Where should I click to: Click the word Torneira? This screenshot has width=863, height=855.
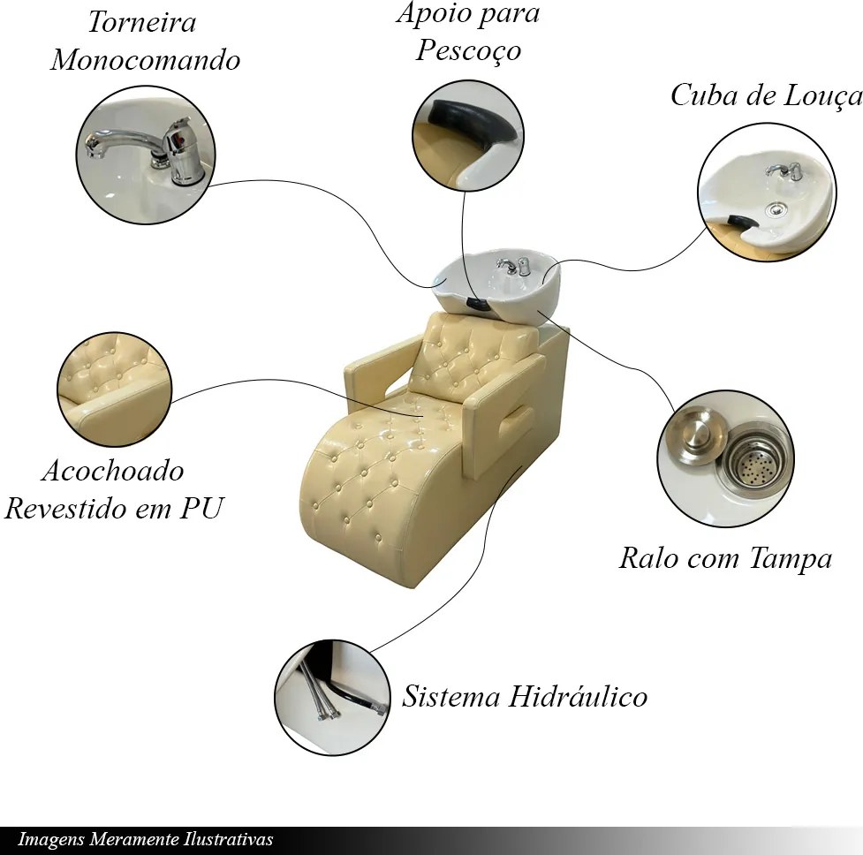(x=142, y=23)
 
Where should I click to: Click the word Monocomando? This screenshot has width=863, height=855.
(x=145, y=59)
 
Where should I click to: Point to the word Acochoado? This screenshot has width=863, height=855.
(x=113, y=471)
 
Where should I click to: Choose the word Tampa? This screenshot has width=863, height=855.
(x=791, y=558)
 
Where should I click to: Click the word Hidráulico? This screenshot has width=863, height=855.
(x=577, y=696)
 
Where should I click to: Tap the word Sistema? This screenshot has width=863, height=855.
(x=451, y=697)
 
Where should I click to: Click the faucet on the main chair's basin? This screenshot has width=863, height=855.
(x=513, y=266)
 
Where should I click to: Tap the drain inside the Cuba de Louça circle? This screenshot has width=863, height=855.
(x=776, y=208)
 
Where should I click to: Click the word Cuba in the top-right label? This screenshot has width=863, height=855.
(x=704, y=95)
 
